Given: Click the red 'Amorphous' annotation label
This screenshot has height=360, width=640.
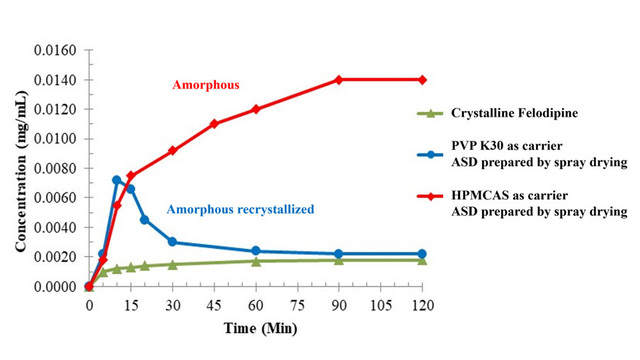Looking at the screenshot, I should (x=205, y=85).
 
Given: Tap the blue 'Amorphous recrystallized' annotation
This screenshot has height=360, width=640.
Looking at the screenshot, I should (x=240, y=209).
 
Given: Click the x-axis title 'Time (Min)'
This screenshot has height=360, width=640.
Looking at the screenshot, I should (x=256, y=327).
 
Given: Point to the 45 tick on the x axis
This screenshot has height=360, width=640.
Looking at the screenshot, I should (x=214, y=304).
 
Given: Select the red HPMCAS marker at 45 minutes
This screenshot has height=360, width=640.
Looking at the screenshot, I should (x=214, y=124).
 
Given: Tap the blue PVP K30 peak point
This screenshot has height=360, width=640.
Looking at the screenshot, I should (x=117, y=180).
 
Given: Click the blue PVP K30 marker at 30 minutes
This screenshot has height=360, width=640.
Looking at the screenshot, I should (x=172, y=242).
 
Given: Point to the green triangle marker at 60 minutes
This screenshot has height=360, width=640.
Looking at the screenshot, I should (x=256, y=261).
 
